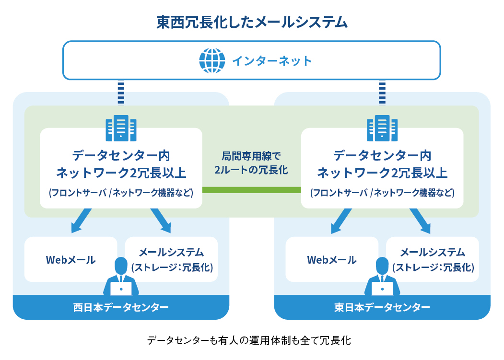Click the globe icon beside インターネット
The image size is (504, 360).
point(212,60)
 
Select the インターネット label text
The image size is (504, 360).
point(272,61)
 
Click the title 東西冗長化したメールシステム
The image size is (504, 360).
point(252,22)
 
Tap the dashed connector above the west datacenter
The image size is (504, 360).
point(121,93)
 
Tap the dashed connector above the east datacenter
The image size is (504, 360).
point(382,93)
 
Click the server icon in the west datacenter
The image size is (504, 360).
point(121,128)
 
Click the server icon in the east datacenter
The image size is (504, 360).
point(382,128)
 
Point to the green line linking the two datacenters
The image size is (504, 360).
point(252,190)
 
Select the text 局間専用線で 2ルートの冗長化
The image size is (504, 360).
point(251,163)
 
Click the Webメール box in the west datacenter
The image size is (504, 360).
point(70,259)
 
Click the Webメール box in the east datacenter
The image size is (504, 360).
point(332,259)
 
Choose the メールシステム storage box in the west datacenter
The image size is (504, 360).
point(171,259)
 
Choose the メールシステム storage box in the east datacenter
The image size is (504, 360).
point(433,259)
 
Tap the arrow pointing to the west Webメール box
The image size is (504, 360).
point(81,221)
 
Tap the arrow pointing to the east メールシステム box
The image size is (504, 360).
point(421,221)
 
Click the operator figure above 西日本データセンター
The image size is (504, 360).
point(121,277)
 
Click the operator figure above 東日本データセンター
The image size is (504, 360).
point(382,277)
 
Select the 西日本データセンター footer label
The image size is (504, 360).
point(121,307)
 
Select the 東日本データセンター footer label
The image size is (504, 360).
point(382,307)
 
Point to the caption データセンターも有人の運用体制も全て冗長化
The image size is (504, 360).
point(249,340)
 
